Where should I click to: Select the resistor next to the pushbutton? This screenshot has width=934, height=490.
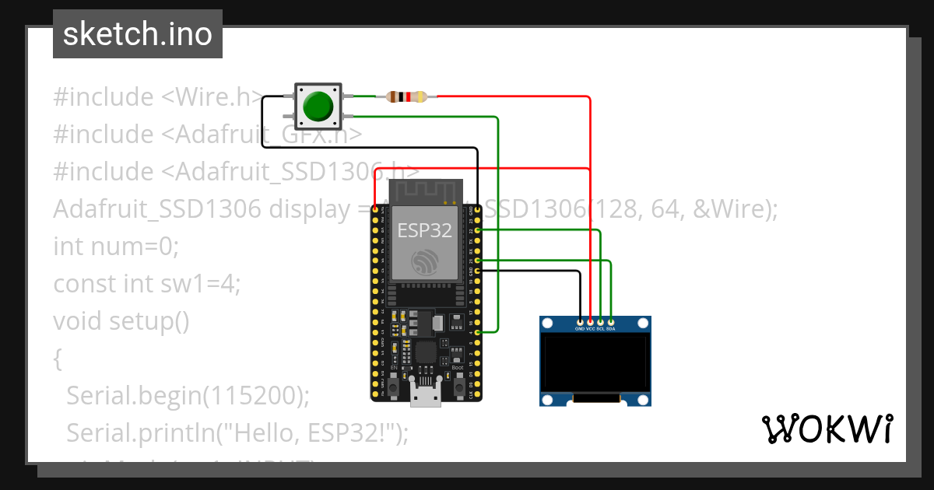pos(406,96)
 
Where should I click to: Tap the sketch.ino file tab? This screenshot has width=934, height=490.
pos(138,34)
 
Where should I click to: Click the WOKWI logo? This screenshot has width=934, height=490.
pos(826,429)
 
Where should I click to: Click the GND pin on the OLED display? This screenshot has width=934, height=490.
pos(580,321)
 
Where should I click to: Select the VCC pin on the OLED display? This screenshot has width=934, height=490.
pos(590,321)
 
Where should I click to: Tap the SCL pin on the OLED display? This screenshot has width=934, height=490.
pos(600,321)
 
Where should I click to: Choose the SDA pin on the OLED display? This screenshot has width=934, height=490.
pos(611,321)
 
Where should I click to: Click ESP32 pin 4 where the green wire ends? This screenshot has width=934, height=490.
pos(477,332)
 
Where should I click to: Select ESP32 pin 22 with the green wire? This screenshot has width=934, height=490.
pos(477,230)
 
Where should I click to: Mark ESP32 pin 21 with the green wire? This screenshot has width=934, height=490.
pos(477,261)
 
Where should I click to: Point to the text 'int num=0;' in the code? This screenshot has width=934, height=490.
pos(116,247)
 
